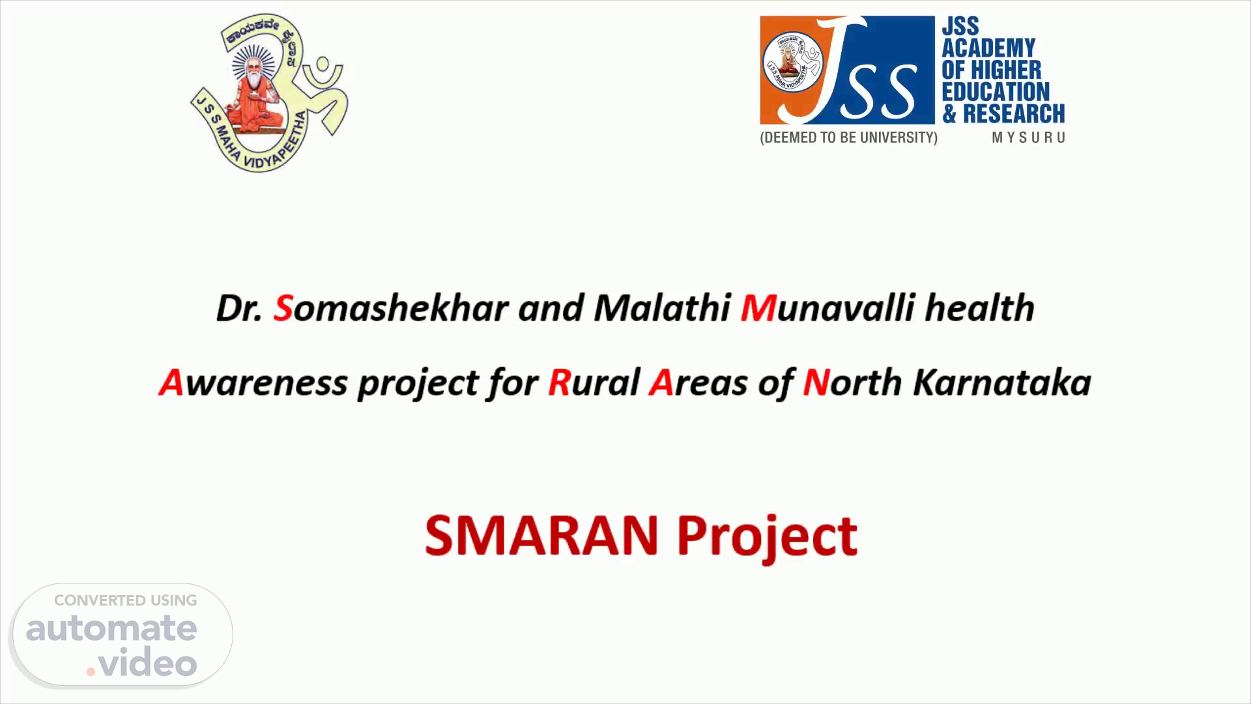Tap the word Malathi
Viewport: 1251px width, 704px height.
pyautogui.click(x=661, y=308)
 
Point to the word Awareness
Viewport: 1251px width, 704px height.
pyautogui.click(x=253, y=383)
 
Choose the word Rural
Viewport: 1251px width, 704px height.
pyautogui.click(x=594, y=383)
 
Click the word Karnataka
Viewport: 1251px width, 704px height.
pyautogui.click(x=1001, y=383)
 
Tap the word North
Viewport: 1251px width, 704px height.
pyautogui.click(x=852, y=383)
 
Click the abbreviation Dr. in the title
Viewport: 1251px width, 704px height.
pyautogui.click(x=239, y=308)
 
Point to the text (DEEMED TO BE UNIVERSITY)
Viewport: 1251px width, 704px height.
pyautogui.click(x=848, y=138)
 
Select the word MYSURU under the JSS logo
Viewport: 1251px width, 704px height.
pyautogui.click(x=1028, y=138)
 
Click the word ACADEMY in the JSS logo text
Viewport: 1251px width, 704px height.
pyautogui.click(x=988, y=48)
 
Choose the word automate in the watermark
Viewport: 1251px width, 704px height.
pyautogui.click(x=111, y=628)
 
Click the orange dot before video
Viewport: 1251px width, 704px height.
pyautogui.click(x=91, y=671)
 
